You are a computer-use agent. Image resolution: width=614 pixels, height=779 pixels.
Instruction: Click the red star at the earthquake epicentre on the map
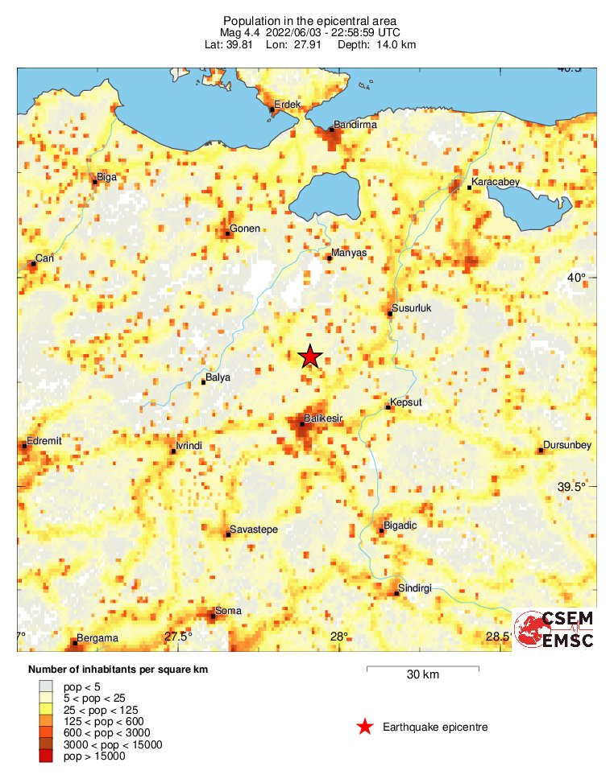pyautogui.click(x=310, y=357)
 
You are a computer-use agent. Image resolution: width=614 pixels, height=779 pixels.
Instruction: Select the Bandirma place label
pyautogui.click(x=355, y=125)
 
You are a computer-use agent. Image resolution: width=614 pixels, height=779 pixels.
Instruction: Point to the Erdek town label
pyautogui.click(x=287, y=105)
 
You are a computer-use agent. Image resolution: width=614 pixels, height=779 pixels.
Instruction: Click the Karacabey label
pyautogui.click(x=496, y=183)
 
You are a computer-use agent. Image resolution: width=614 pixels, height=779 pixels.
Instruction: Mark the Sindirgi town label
pyautogui.click(x=416, y=588)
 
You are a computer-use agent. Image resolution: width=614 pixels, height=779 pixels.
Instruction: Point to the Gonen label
pyautogui.click(x=245, y=229)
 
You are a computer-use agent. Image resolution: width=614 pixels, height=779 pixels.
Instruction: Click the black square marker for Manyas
pyautogui.click(x=329, y=258)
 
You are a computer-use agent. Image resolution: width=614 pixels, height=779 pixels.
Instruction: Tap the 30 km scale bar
pyautogui.click(x=423, y=668)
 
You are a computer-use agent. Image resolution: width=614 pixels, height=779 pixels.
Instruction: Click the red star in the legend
pyautogui.click(x=365, y=727)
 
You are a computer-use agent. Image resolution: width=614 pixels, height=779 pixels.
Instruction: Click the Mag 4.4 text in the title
pyautogui.click(x=243, y=32)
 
